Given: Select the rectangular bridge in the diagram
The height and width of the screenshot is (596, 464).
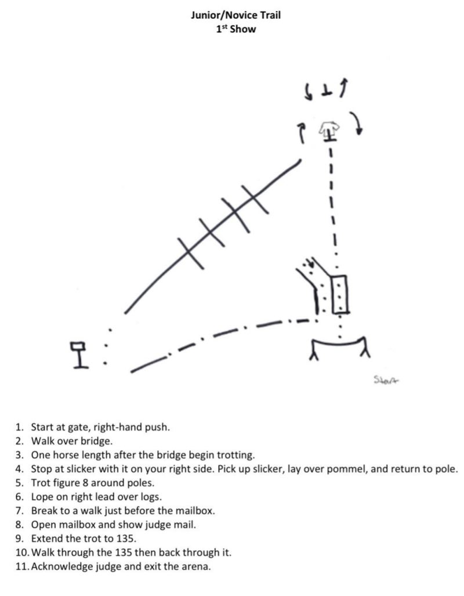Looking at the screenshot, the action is pos(339,294).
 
